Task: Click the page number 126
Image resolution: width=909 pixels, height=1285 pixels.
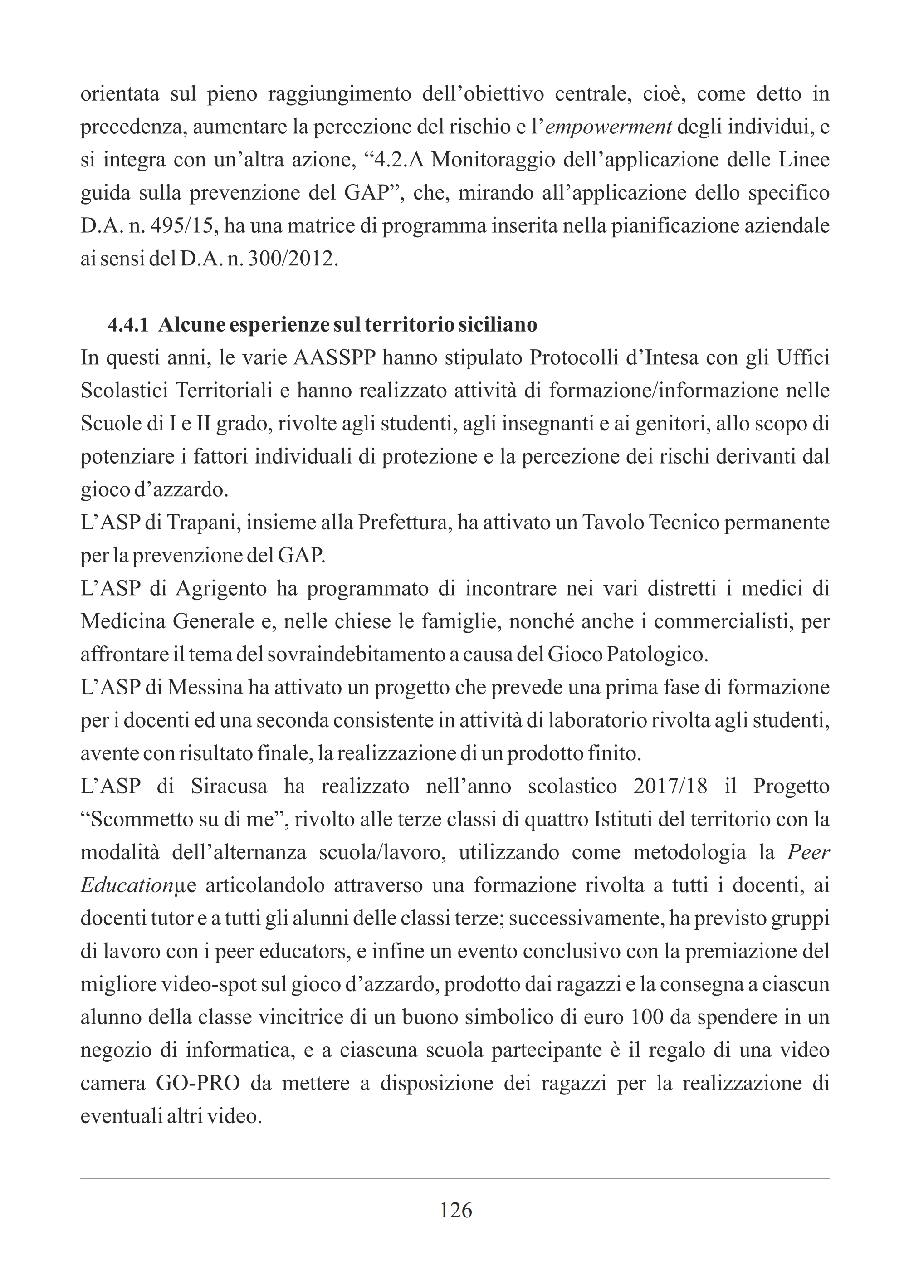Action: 455,1210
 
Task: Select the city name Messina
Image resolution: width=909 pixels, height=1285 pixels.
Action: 205,687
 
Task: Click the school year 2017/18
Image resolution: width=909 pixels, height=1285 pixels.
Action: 670,787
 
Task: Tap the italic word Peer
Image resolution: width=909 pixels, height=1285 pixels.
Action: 808,852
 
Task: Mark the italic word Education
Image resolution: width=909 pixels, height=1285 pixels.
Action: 127,885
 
